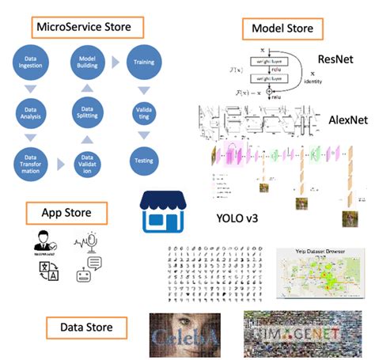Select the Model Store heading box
tap(282, 28)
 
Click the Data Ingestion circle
tap(32, 63)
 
